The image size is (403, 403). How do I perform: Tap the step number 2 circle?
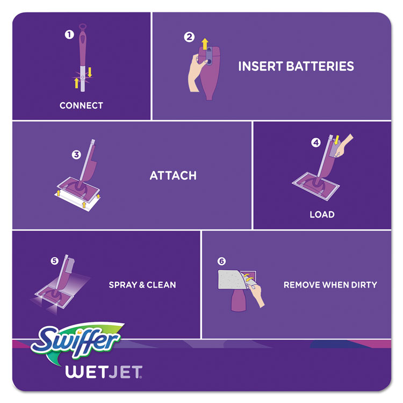[189, 38]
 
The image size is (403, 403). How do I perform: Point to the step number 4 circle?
[316, 143]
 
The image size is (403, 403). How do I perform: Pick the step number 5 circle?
[54, 261]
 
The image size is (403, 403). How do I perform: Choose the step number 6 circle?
[221, 262]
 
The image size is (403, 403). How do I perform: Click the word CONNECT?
[81, 106]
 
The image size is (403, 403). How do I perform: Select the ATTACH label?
[173, 176]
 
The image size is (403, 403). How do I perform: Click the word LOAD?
[322, 214]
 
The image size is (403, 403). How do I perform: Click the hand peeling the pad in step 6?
[258, 297]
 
